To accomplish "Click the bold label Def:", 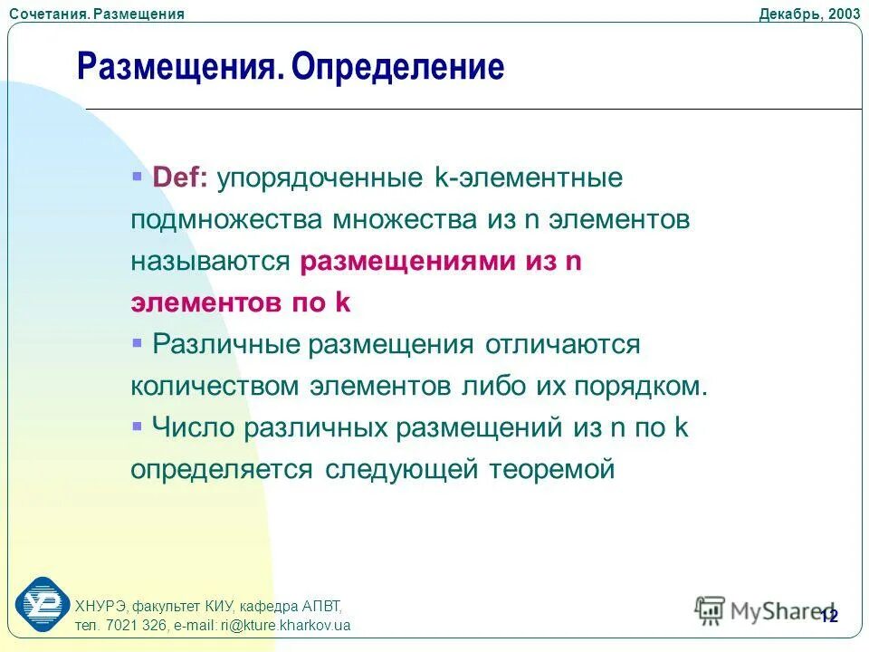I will tap(180, 177).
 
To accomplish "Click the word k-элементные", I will tap(529, 177).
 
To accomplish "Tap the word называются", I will tap(210, 261).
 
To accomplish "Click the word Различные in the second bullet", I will tap(226, 344).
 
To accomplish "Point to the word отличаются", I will tap(562, 344).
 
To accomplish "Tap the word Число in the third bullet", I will tap(194, 427).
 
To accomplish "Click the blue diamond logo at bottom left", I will tap(42, 603).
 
